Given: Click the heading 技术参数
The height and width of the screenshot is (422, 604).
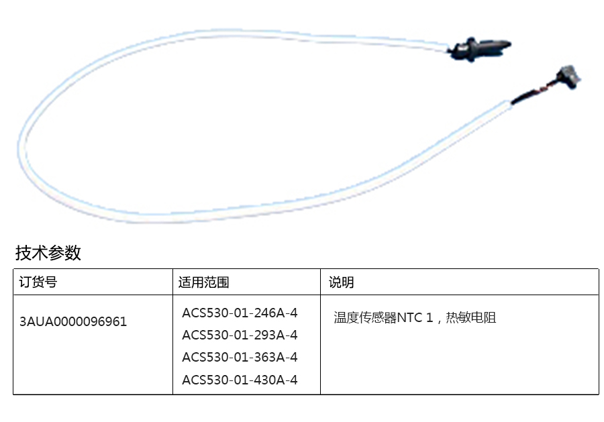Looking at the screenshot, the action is pyautogui.click(x=48, y=253).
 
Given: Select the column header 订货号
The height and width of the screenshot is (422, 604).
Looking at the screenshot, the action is pyautogui.click(x=38, y=282).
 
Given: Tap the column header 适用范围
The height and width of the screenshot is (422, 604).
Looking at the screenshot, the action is pyautogui.click(x=204, y=282).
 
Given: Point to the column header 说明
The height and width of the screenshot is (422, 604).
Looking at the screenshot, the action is pyautogui.click(x=342, y=282).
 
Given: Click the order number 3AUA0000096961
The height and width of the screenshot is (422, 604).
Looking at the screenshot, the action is pyautogui.click(x=73, y=321).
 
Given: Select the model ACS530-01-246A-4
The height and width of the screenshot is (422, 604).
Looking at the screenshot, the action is pyautogui.click(x=240, y=313).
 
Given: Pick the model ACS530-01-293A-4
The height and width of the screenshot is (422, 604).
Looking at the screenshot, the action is pyautogui.click(x=240, y=335).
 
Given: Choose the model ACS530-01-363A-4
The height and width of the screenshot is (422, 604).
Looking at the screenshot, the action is pyautogui.click(x=240, y=357).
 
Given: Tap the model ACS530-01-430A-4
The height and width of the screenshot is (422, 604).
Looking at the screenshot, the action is pyautogui.click(x=240, y=380).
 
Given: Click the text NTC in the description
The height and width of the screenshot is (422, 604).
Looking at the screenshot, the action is pyautogui.click(x=409, y=317).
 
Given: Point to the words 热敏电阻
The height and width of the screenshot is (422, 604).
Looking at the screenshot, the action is pyautogui.click(x=470, y=317).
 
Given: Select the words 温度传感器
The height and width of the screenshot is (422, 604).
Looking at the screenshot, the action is pyautogui.click(x=365, y=317).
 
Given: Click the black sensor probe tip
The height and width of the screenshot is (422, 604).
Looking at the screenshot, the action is pyautogui.click(x=481, y=48).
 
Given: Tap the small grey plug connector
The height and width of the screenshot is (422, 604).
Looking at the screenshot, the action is pyautogui.click(x=568, y=76).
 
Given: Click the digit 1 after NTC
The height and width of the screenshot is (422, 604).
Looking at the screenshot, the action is pyautogui.click(x=430, y=317).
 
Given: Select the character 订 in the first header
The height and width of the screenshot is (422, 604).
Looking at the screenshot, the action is pyautogui.click(x=26, y=282).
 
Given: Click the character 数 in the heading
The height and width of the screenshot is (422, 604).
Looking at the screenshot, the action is pyautogui.click(x=73, y=253).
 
